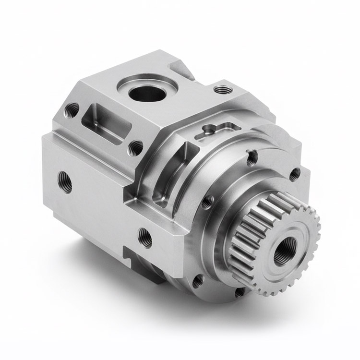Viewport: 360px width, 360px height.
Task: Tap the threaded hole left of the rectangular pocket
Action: click(x=72, y=109)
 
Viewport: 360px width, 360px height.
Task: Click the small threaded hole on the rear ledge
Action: click(x=221, y=89)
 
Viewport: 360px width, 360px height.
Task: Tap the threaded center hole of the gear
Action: click(x=282, y=252)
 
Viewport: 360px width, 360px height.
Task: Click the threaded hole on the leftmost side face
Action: click(x=65, y=182)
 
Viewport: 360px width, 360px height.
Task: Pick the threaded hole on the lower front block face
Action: click(x=145, y=237)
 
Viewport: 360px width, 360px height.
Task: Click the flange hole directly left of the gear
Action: click(x=207, y=202)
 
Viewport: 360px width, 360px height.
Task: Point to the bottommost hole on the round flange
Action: click(x=239, y=291)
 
